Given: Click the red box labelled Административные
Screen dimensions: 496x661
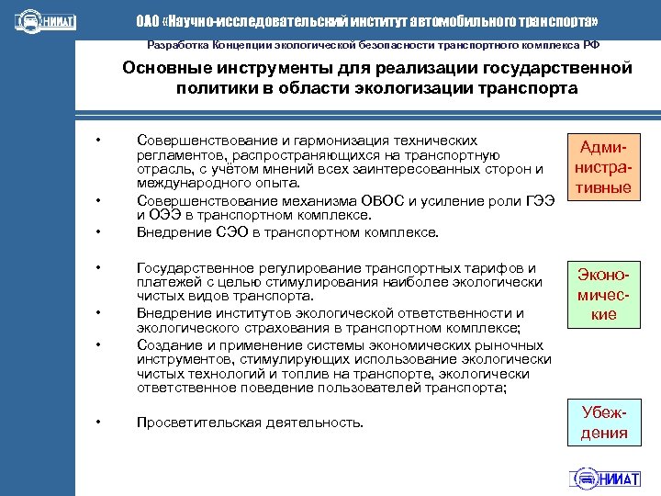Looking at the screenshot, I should (602, 167).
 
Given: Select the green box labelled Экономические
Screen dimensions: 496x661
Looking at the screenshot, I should (602, 294).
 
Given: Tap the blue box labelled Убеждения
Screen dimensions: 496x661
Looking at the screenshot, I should (602, 422).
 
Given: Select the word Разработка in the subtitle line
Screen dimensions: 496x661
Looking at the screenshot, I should (177, 45).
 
